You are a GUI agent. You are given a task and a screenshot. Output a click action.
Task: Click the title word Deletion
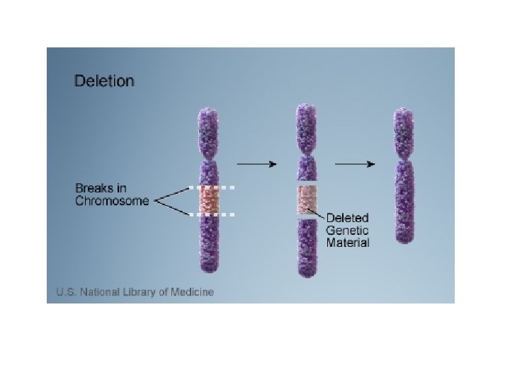(104, 81)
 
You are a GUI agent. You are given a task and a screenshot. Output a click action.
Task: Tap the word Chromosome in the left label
(113, 201)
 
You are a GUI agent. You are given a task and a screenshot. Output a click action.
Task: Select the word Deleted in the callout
(346, 218)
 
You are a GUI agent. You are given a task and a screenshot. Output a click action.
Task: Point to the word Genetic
(347, 230)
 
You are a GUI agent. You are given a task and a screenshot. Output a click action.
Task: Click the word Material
(347, 243)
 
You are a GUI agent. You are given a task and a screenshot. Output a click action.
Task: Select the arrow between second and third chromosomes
(354, 163)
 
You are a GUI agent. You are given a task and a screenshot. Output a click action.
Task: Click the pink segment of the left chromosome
(210, 200)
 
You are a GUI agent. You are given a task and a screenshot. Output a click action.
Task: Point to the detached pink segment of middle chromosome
(307, 201)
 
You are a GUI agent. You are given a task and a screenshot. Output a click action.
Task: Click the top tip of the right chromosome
(404, 111)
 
